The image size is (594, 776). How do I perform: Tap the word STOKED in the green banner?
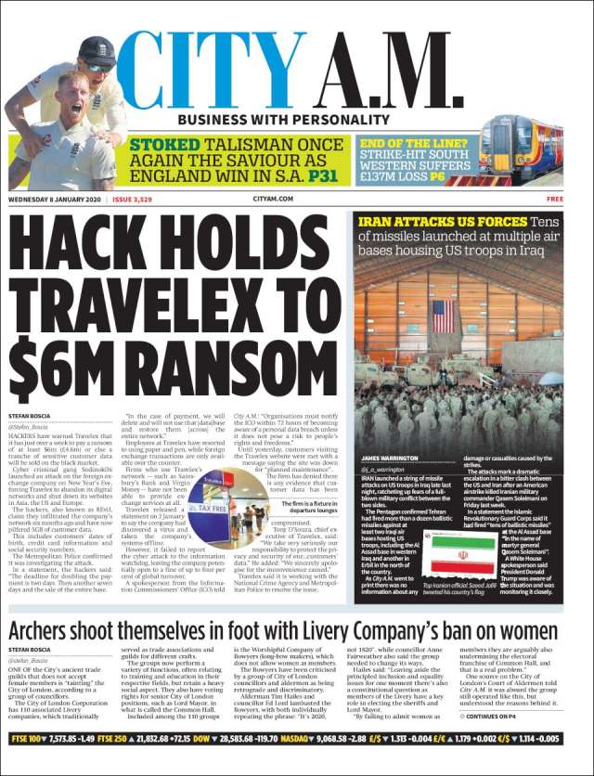point(163,145)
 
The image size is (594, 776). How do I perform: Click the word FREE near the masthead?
point(555,199)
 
